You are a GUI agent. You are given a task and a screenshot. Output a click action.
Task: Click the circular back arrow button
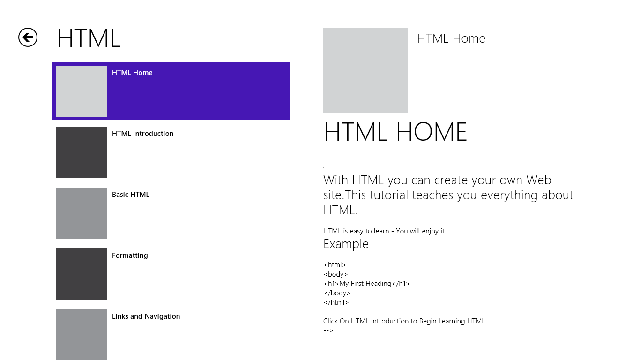point(28,37)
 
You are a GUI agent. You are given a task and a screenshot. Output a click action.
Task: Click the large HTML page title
point(89,38)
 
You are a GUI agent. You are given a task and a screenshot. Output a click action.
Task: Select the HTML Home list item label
point(132,73)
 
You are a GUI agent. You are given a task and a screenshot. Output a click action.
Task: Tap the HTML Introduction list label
point(142,134)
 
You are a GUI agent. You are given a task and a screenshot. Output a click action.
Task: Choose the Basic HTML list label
point(131,195)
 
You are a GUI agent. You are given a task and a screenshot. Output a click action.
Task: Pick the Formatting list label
point(130,255)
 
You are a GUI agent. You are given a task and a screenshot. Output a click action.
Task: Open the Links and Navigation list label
point(146,316)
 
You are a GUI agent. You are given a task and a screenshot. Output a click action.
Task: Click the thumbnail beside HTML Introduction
point(82,152)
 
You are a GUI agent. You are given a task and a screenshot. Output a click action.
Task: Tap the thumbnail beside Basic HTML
point(82,213)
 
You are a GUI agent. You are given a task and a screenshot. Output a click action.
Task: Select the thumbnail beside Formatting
point(82,274)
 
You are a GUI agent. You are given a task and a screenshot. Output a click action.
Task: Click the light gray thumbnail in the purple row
point(82,91)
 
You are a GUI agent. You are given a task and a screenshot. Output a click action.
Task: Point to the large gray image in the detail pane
point(365,70)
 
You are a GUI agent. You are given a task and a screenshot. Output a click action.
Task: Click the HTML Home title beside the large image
point(451,38)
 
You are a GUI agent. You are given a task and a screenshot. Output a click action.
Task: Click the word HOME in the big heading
point(432,132)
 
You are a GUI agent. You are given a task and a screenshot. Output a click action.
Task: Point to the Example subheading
point(346,244)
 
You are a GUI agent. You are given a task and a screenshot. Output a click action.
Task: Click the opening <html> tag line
point(335,265)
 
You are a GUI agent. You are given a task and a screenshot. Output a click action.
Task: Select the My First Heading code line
point(366,284)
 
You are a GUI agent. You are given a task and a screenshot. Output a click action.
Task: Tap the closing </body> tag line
point(337,293)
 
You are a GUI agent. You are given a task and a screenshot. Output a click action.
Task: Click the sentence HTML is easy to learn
point(385,231)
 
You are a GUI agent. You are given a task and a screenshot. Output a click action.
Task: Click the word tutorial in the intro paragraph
point(388,195)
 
